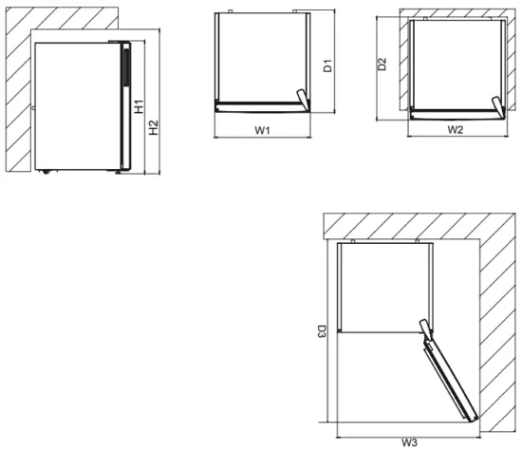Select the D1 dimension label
point(326,67)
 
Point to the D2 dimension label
point(382,65)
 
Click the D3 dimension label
point(322,333)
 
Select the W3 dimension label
point(409,441)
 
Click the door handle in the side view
point(122,72)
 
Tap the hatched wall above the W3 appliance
point(408,227)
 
